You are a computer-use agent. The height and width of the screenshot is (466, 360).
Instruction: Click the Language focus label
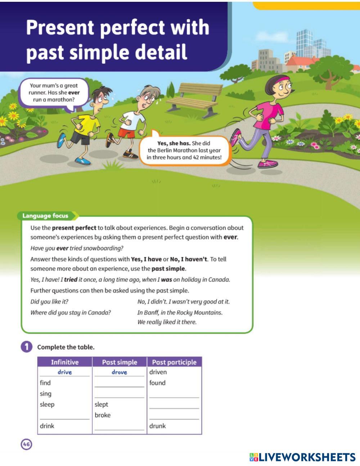pos(45,216)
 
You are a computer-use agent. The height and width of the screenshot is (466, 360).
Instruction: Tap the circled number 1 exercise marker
pos(26,347)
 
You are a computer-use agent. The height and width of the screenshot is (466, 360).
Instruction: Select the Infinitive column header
pos(65,362)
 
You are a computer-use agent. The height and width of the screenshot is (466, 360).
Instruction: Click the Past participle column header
pos(174,362)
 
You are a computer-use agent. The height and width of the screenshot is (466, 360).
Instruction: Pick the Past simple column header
pos(120,362)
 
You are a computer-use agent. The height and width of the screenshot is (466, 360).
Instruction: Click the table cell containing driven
pos(158,372)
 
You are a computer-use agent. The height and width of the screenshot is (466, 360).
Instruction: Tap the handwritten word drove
pos(119,372)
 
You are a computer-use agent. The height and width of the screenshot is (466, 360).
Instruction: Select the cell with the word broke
pos(103,415)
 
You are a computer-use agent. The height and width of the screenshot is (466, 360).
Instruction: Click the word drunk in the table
pos(158,426)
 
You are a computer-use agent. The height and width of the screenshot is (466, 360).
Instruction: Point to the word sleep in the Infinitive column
pos(47,404)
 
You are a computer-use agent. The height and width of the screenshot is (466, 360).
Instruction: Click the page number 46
pos(26,444)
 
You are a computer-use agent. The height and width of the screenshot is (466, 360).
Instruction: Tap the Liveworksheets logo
pos(302,457)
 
